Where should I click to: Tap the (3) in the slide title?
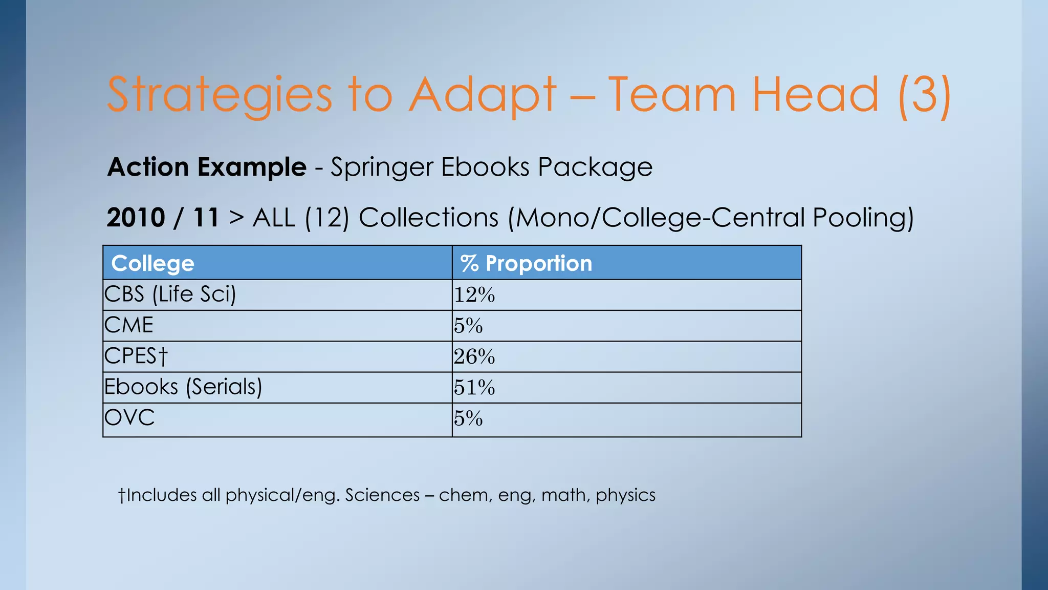pyautogui.click(x=924, y=95)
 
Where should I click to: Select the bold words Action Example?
pyautogui.click(x=207, y=167)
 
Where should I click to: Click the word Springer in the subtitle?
pyautogui.click(x=382, y=167)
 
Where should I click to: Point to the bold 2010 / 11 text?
pyautogui.click(x=163, y=218)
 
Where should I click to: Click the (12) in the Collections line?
pyautogui.click(x=327, y=218)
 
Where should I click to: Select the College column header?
pyautogui.click(x=152, y=263)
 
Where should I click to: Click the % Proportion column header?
pyautogui.click(x=526, y=263)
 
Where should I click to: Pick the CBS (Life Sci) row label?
pyautogui.click(x=170, y=294)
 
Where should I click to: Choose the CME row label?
pyautogui.click(x=128, y=325)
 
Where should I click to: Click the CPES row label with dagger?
pyautogui.click(x=136, y=356)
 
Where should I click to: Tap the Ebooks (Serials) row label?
pyautogui.click(x=183, y=387)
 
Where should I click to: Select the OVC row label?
pyautogui.click(x=129, y=417)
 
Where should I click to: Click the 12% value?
pyautogui.click(x=474, y=295)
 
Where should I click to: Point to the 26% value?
pyautogui.click(x=474, y=356)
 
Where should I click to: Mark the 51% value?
pyautogui.click(x=474, y=387)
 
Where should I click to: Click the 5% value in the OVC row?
pyautogui.click(x=468, y=418)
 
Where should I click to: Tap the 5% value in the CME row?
pyautogui.click(x=468, y=326)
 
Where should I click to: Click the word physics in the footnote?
pyautogui.click(x=625, y=495)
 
